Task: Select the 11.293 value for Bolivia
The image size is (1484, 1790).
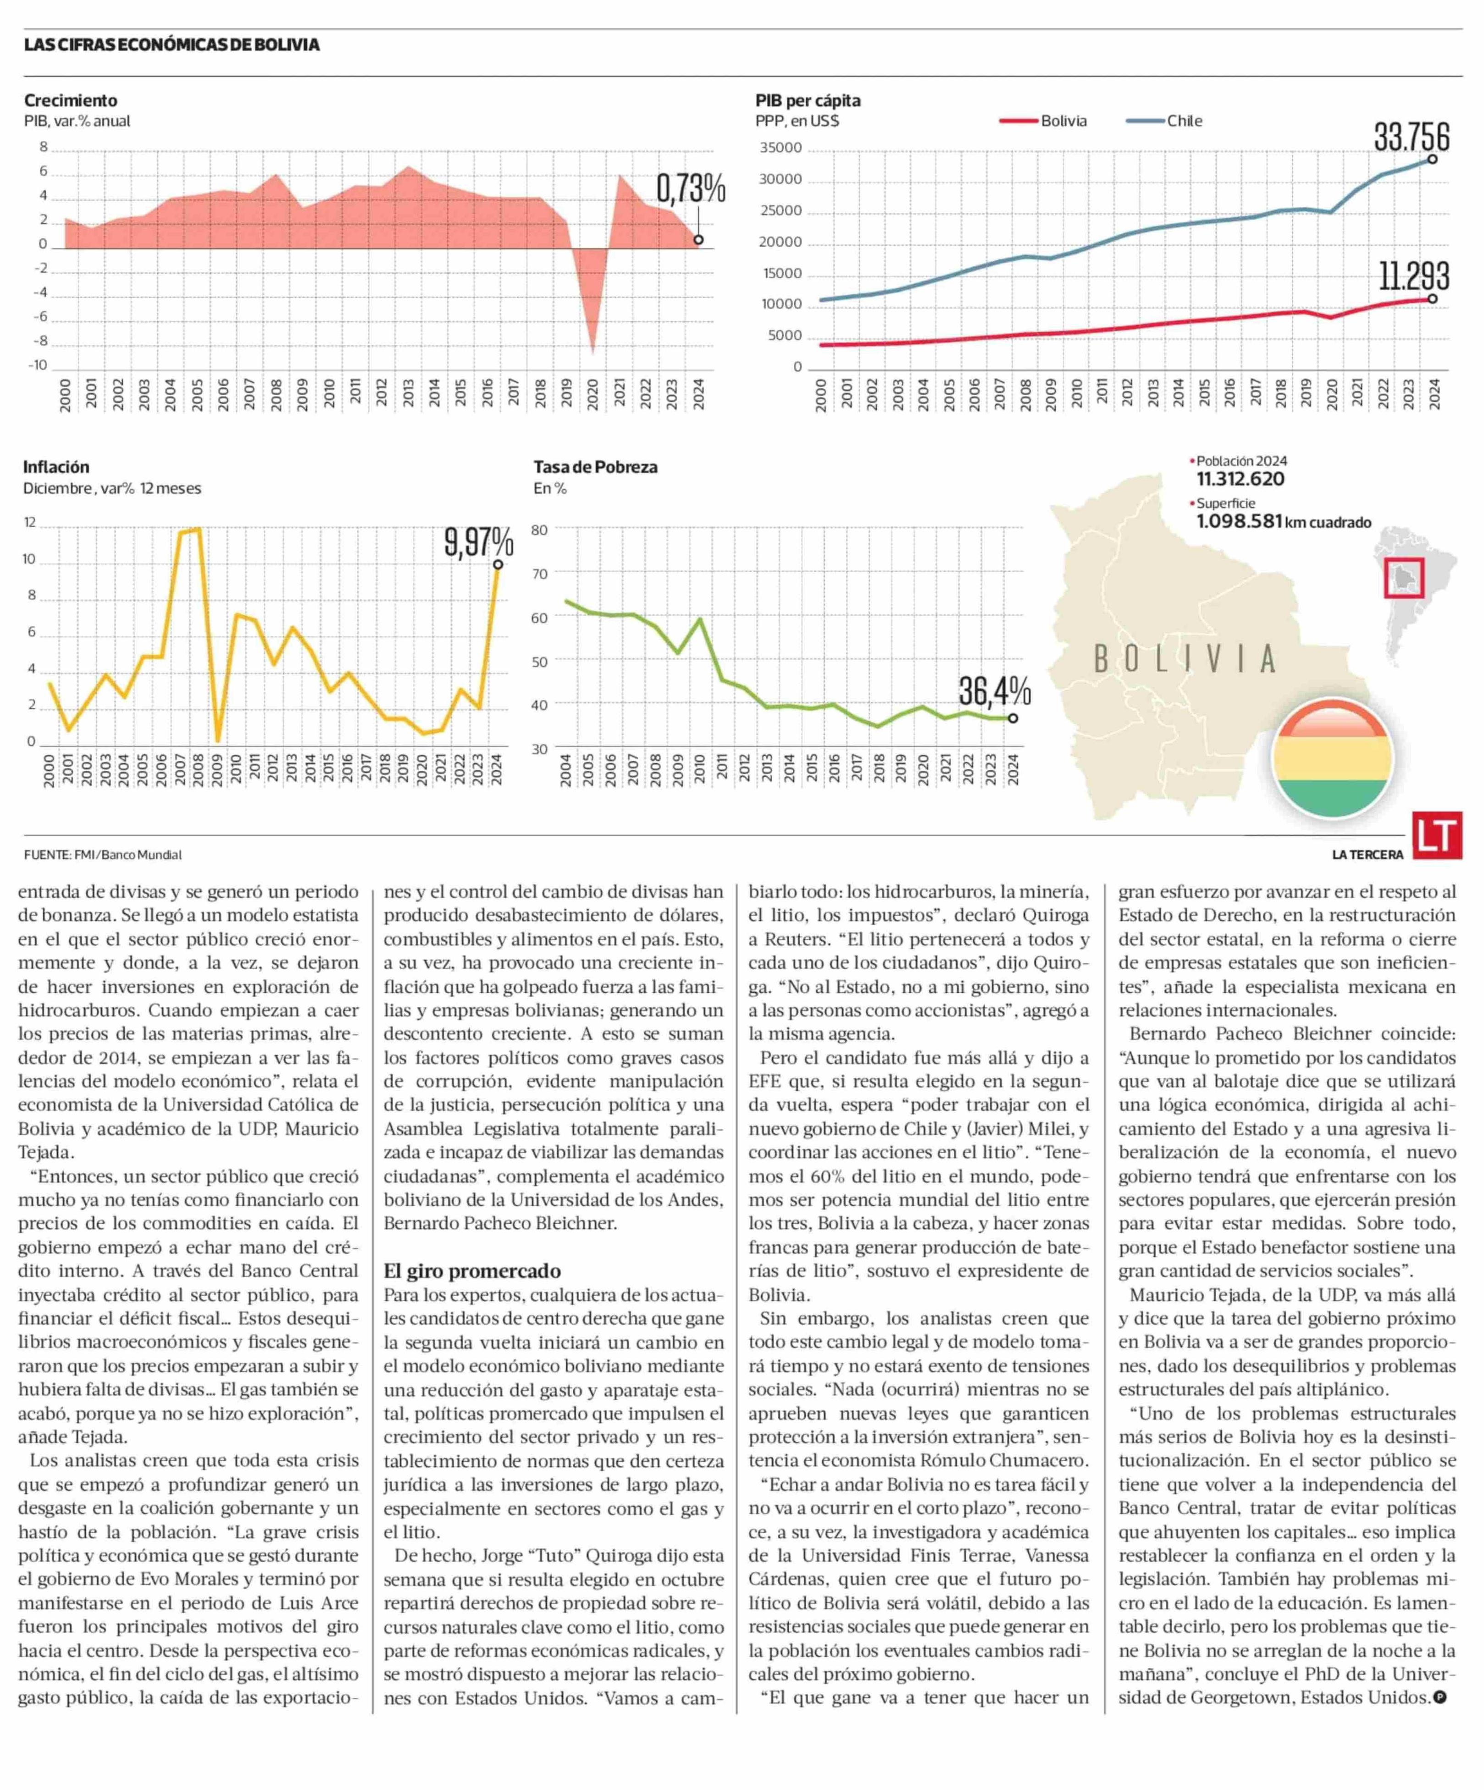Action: coord(1414,276)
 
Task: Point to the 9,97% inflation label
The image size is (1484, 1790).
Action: coord(478,542)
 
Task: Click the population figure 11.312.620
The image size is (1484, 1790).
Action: coord(1240,479)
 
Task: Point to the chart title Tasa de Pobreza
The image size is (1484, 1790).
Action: coord(595,467)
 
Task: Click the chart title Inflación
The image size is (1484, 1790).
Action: coord(56,467)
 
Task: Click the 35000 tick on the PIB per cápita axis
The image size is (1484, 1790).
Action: coord(781,148)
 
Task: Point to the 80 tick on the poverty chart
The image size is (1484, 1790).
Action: coord(540,530)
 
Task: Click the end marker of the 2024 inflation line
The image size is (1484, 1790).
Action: coord(498,564)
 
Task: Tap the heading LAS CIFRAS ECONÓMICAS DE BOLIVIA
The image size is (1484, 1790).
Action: coord(172,44)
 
